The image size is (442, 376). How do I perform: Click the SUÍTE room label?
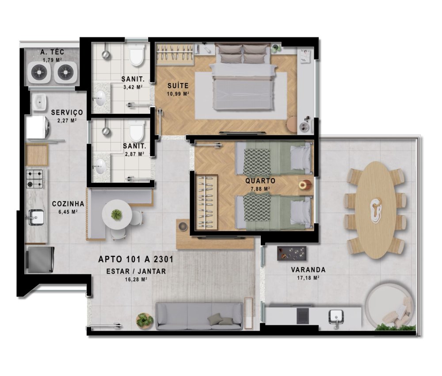pos(178,86)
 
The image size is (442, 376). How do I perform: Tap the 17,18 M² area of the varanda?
pos(308,278)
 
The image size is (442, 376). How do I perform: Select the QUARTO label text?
pos(260,180)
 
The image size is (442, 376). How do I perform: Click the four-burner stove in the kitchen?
pos(34,179)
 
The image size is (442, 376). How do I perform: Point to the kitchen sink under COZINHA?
pos(36,218)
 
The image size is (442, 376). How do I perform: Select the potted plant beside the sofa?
pos(145,320)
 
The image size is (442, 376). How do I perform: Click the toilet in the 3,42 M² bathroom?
pos(137,55)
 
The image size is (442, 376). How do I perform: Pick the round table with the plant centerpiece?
pos(117,214)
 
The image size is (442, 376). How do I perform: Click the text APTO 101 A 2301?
pos(136,259)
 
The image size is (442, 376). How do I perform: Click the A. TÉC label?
pos(52,52)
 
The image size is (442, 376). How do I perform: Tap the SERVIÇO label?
pos(67,113)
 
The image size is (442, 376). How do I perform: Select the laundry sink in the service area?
pos(39,102)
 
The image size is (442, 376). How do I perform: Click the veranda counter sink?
pos(336,317)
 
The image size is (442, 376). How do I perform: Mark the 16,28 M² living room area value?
pos(136,280)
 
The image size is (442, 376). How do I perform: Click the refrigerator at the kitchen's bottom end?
pos(40,259)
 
